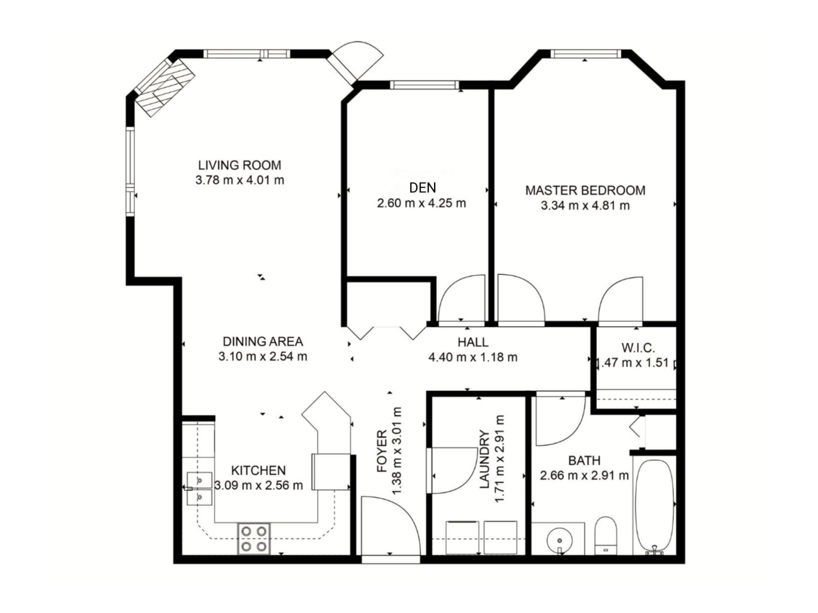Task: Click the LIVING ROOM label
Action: coord(239,165)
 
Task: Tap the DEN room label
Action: coord(422,187)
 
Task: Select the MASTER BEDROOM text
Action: coord(585,190)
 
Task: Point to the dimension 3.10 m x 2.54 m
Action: coord(263,356)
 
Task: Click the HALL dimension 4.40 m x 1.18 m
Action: coord(473,357)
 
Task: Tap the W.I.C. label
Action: coord(638,348)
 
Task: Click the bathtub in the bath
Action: coord(655,507)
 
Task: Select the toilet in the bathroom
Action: coord(606,535)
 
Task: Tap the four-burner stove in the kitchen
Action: coord(254,538)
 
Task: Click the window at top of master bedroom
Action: coord(586,54)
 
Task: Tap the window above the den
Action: coord(425,85)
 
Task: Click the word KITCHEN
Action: coord(258,470)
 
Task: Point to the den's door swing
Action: coord(461,298)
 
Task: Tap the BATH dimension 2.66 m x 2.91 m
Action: coord(584,476)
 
